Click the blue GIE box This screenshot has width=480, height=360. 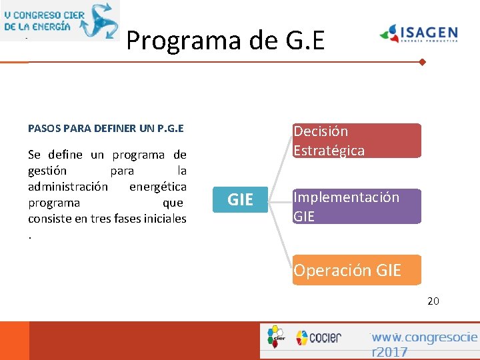(x=240, y=199)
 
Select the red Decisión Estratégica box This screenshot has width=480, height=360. (x=357, y=141)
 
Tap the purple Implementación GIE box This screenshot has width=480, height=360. (x=357, y=206)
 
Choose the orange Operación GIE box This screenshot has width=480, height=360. (x=357, y=270)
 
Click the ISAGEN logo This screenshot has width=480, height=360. (x=419, y=33)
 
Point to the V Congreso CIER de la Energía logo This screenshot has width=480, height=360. (x=60, y=20)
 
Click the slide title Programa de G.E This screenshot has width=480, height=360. (x=225, y=41)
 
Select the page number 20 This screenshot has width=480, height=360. (x=433, y=301)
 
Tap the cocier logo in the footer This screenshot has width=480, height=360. (x=319, y=337)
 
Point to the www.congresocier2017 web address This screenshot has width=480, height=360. (x=424, y=344)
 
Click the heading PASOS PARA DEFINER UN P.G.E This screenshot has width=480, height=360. (x=106, y=128)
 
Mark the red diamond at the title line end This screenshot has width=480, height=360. (x=422, y=62)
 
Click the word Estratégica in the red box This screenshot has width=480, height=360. (x=329, y=151)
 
